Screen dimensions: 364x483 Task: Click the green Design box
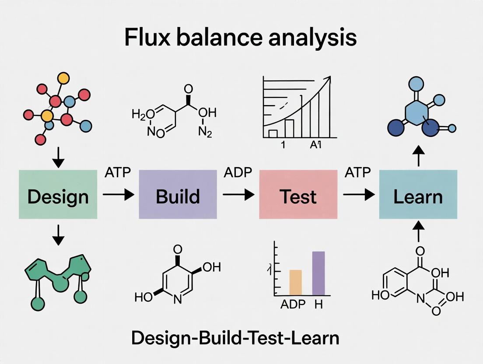[x=58, y=194]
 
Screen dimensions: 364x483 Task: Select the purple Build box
[x=178, y=194]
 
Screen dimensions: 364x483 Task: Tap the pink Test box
[x=298, y=194]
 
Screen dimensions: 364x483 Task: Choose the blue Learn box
[x=418, y=194]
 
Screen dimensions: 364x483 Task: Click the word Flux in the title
[x=145, y=38]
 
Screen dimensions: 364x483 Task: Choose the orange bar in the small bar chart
[x=296, y=282]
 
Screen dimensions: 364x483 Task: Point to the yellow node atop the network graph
[x=64, y=78]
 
